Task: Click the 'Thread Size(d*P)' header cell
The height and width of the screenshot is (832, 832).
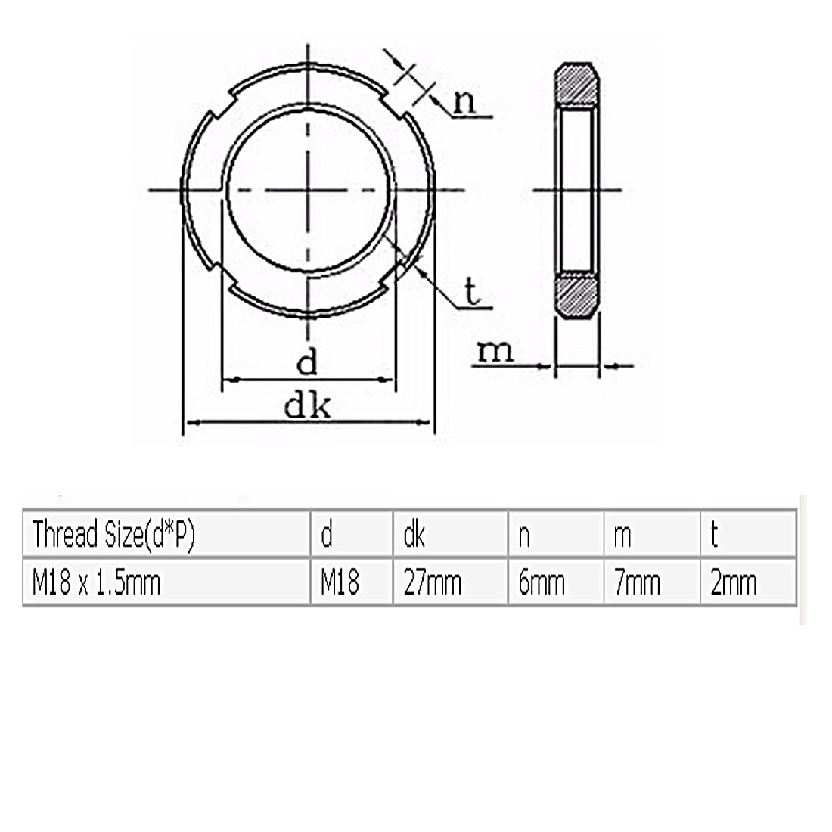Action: pos(113,536)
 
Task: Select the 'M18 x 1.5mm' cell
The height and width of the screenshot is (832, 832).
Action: pos(97,583)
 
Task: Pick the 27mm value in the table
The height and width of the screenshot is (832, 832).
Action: pos(432,583)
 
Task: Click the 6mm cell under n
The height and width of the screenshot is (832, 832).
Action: pos(542,583)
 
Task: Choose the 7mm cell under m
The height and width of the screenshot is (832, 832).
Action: pos(637,583)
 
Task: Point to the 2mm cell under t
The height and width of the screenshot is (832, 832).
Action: pos(734,583)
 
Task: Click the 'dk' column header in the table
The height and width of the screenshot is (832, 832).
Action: pos(414,536)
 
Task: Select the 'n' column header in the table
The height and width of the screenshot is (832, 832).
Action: pos(523,536)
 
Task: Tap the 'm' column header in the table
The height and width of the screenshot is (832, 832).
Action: pos(623,536)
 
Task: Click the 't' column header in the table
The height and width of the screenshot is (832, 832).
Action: pos(714,536)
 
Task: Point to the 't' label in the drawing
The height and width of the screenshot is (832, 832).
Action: pos(473,293)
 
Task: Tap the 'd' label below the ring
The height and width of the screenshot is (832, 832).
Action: pos(306,364)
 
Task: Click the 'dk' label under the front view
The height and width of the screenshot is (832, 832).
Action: pos(309,407)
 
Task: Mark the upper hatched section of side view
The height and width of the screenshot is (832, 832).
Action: pos(578,85)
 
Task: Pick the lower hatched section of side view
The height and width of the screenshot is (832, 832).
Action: pos(578,296)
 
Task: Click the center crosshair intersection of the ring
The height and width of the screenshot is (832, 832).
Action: pos(309,190)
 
